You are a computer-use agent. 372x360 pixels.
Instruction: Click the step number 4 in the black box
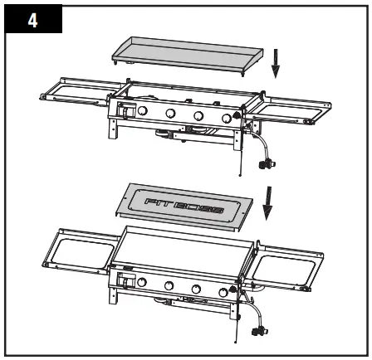point(32,20)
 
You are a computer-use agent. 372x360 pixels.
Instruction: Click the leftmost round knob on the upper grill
point(142,110)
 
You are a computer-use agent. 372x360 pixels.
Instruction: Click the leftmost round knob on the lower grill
point(141,285)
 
